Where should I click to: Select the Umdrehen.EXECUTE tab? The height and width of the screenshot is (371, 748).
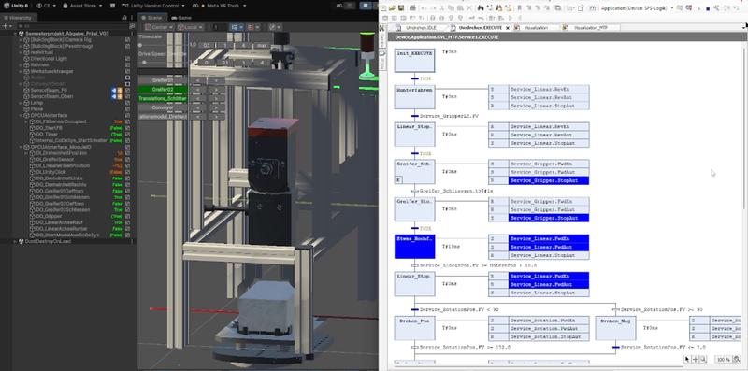click(x=478, y=29)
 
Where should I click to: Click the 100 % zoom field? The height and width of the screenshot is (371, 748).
click(x=723, y=359)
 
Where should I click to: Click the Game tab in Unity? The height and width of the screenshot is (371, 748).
click(x=184, y=17)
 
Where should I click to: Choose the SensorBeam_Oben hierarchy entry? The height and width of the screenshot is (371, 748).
click(x=52, y=96)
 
